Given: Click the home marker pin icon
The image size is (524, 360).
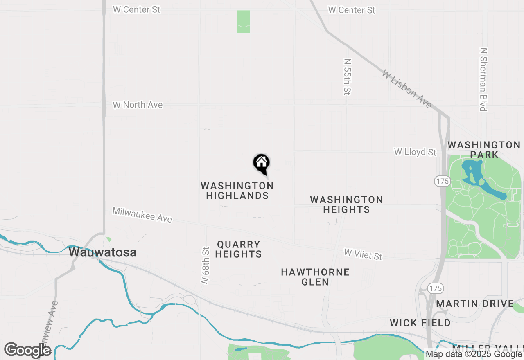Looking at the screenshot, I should [261, 164].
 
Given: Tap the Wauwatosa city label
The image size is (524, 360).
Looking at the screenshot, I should [102, 252].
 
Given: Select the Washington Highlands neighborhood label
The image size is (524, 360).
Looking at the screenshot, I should [237, 191].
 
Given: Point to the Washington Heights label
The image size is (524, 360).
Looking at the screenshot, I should [346, 205].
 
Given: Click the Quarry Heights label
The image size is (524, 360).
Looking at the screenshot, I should [239, 249].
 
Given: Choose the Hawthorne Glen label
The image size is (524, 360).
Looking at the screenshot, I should [315, 277].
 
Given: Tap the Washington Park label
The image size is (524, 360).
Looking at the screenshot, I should [484, 150].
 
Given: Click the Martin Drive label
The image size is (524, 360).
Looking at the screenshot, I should [475, 304].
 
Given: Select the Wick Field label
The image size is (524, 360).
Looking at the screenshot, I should [420, 323].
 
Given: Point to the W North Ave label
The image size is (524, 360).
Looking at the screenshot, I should [138, 105].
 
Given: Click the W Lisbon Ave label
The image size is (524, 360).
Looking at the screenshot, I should [407, 89].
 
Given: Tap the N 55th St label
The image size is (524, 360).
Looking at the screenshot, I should [347, 76].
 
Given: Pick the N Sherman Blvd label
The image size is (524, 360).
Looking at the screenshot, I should [483, 79].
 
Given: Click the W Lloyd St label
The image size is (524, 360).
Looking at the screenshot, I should [415, 152].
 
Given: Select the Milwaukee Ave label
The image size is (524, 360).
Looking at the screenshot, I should [142, 215].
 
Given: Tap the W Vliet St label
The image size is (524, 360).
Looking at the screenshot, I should [363, 254].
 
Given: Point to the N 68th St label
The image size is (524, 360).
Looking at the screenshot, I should [206, 265].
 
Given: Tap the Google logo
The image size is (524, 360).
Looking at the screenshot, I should [28, 350].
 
